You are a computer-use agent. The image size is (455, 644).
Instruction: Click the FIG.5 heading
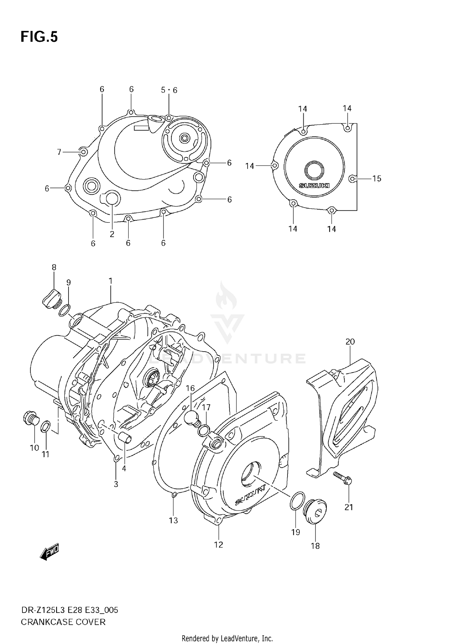39,37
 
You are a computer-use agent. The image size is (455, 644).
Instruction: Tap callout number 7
59,152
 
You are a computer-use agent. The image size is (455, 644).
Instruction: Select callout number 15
377,179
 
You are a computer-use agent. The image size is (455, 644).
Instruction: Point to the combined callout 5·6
169,90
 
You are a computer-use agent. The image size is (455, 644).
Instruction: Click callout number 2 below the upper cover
112,234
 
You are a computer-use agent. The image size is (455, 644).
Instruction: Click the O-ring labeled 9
65,311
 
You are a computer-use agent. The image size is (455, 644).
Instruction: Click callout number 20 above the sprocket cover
350,342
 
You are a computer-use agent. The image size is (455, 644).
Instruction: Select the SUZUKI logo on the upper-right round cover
314,185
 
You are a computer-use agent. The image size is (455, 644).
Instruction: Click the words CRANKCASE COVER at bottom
63,622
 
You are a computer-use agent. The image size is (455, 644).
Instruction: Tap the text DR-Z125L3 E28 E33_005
69,610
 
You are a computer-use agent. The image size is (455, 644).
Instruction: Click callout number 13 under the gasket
173,520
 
